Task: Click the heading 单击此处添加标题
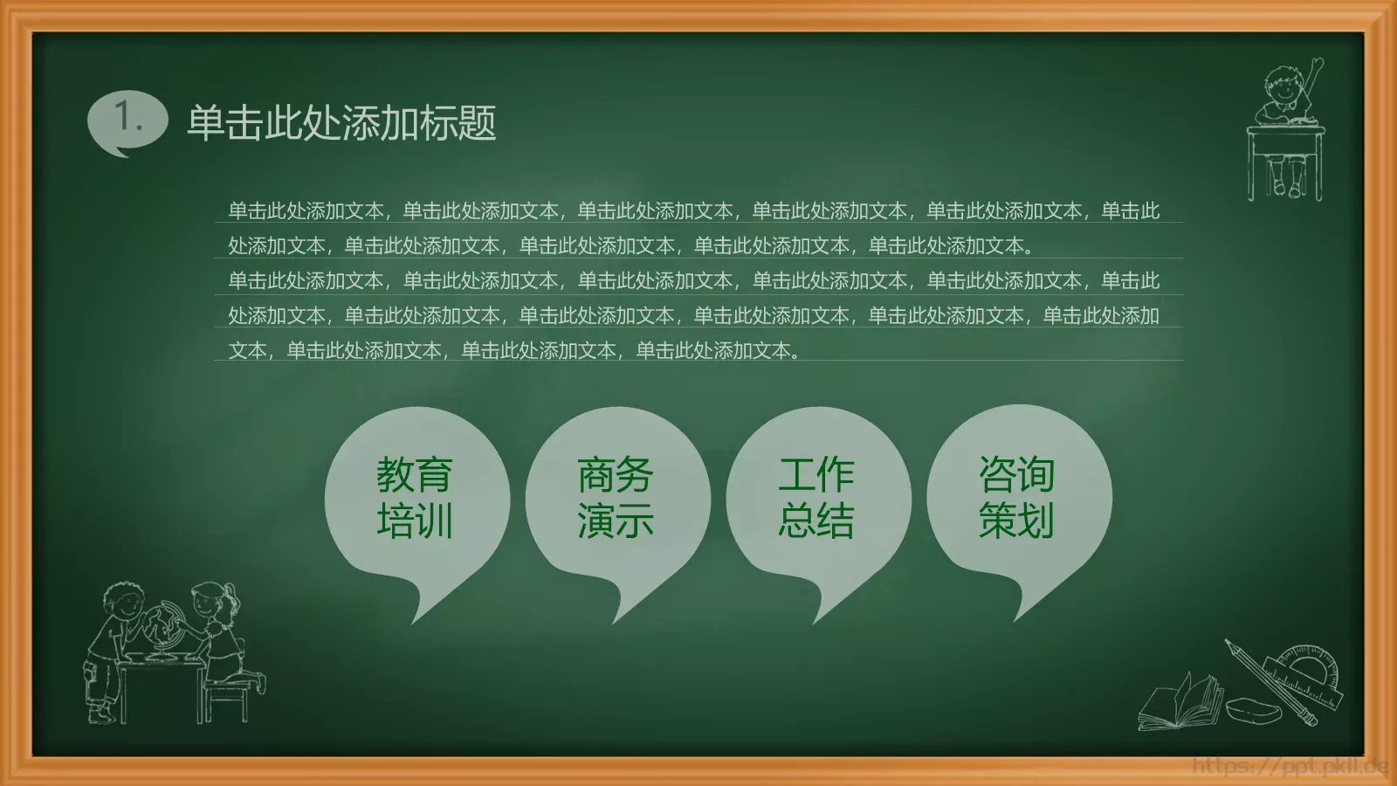coord(341,123)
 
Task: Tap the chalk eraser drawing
coord(1256,708)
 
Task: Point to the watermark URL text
coord(1290,767)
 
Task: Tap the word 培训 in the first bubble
coord(415,521)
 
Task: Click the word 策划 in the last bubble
coord(1017,521)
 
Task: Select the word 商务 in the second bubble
coord(616,476)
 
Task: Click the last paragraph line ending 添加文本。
coord(515,351)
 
